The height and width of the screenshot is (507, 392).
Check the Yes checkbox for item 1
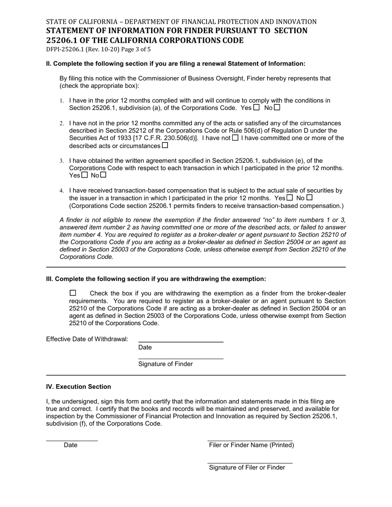pos(256,108)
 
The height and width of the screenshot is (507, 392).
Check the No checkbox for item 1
pos(277,108)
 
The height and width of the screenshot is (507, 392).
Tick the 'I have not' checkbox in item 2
pos(235,138)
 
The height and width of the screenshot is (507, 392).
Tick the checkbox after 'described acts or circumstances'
pos(165,145)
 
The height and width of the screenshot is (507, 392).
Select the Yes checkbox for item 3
pos(85,175)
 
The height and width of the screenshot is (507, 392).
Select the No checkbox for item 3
pos(103,175)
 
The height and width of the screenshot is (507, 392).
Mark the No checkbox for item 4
pos(309,198)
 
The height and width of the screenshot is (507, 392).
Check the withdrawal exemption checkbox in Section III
pos(73,293)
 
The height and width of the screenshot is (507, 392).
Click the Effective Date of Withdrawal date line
pos(181,339)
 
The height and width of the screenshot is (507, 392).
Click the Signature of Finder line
pos(181,356)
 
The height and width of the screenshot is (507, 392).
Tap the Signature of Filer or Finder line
pos(250,460)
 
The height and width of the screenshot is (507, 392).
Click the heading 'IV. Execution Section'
pos(78,387)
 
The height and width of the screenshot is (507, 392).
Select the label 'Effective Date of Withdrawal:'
pos(87,339)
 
